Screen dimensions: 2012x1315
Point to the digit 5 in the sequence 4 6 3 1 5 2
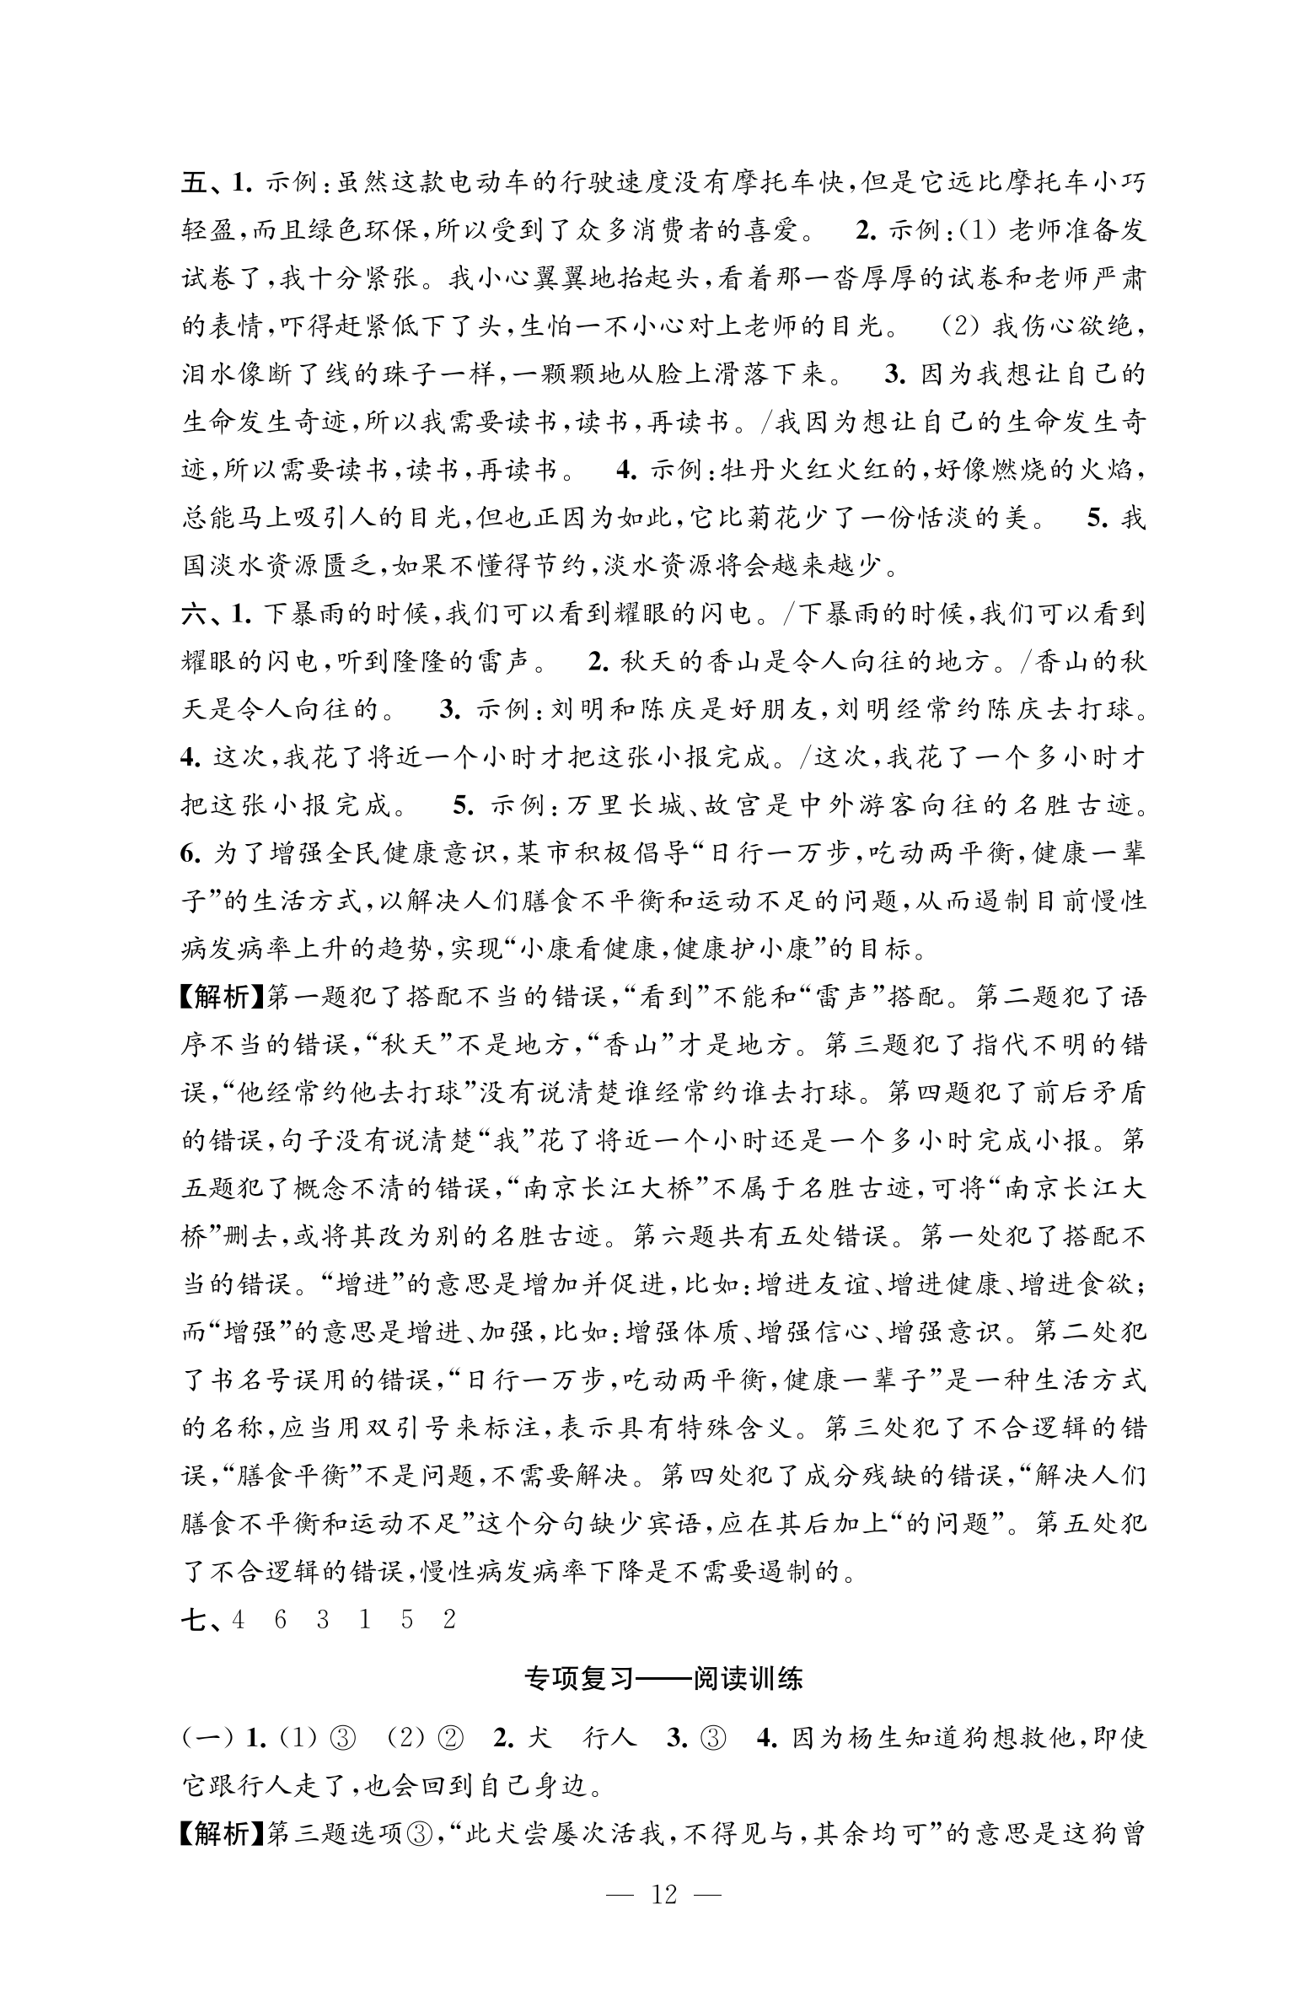click(407, 1620)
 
